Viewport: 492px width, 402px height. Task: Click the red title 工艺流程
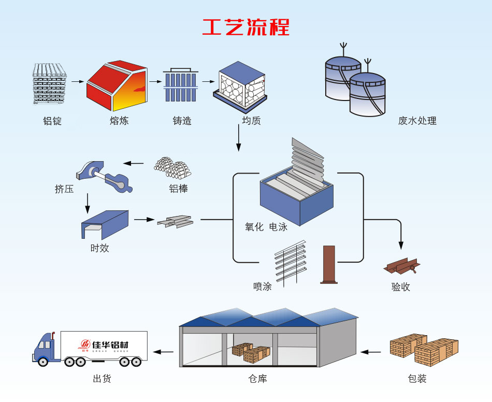click(246, 26)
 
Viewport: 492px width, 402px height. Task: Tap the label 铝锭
click(52, 121)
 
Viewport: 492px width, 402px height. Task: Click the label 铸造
click(182, 121)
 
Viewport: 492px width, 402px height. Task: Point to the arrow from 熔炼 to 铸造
click(155, 81)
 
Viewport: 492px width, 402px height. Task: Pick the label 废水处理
click(417, 121)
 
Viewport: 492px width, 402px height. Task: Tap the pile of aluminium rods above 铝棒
click(172, 167)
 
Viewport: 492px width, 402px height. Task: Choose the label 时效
click(99, 248)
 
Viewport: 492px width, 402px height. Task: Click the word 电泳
click(278, 227)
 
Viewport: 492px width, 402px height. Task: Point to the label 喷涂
click(263, 286)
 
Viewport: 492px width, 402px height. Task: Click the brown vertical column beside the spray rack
click(329, 264)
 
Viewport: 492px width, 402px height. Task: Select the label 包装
click(417, 379)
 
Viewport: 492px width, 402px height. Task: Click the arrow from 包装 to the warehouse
click(371, 352)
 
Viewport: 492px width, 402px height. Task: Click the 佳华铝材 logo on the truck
click(104, 345)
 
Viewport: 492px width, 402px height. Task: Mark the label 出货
click(102, 379)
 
